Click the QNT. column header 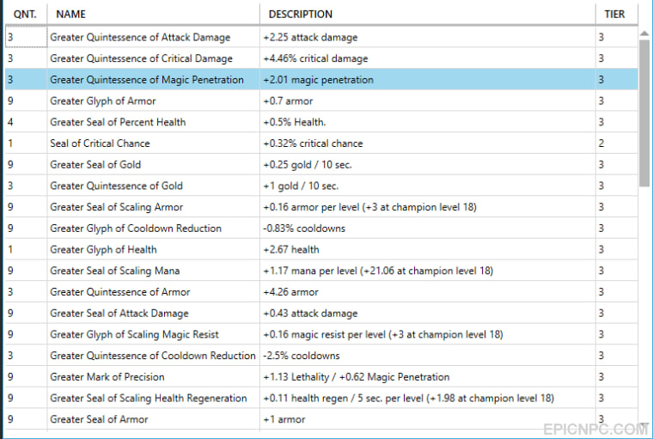(25, 14)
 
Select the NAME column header (70, 14)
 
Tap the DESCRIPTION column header (300, 14)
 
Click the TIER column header (614, 14)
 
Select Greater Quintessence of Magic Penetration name (147, 80)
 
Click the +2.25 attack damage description (310, 38)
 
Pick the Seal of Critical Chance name (100, 143)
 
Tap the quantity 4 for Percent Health (10, 122)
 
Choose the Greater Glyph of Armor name (103, 101)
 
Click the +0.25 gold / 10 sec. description (308, 165)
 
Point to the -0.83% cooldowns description (304, 229)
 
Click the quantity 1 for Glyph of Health (10, 249)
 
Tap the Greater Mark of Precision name (107, 377)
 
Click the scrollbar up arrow (644, 34)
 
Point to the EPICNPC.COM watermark (595, 429)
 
